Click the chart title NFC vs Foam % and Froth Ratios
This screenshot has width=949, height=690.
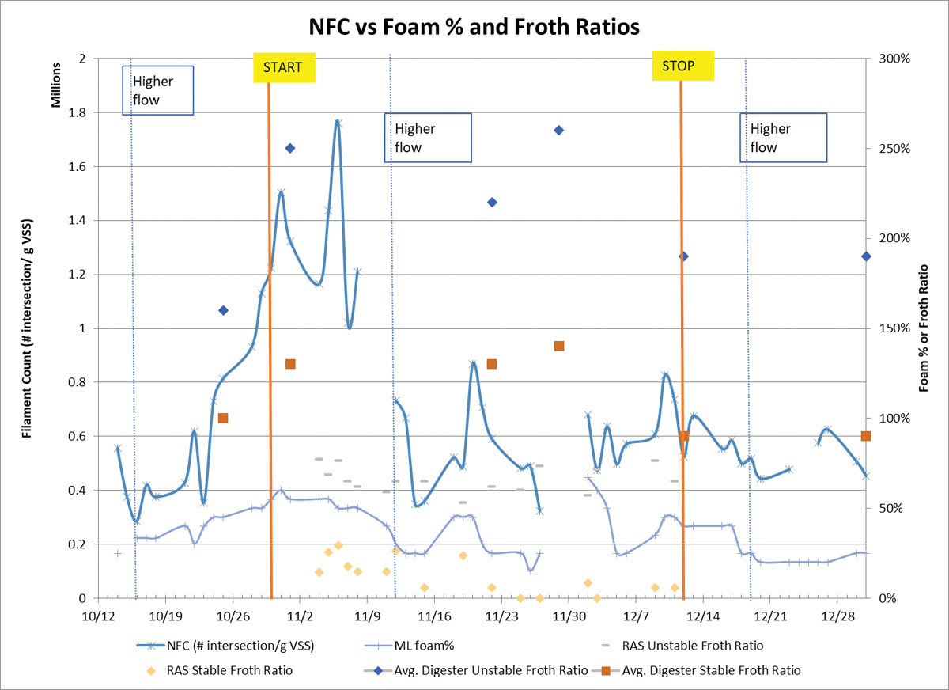coord(474,26)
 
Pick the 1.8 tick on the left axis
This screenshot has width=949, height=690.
coord(78,112)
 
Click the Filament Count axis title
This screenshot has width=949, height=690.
coord(27,328)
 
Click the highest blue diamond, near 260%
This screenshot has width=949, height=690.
coord(558,130)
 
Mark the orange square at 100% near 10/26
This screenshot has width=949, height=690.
coord(223,418)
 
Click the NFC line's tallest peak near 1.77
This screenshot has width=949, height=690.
coord(338,123)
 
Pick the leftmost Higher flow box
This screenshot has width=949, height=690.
coord(158,90)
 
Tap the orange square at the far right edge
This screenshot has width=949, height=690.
coord(866,436)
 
